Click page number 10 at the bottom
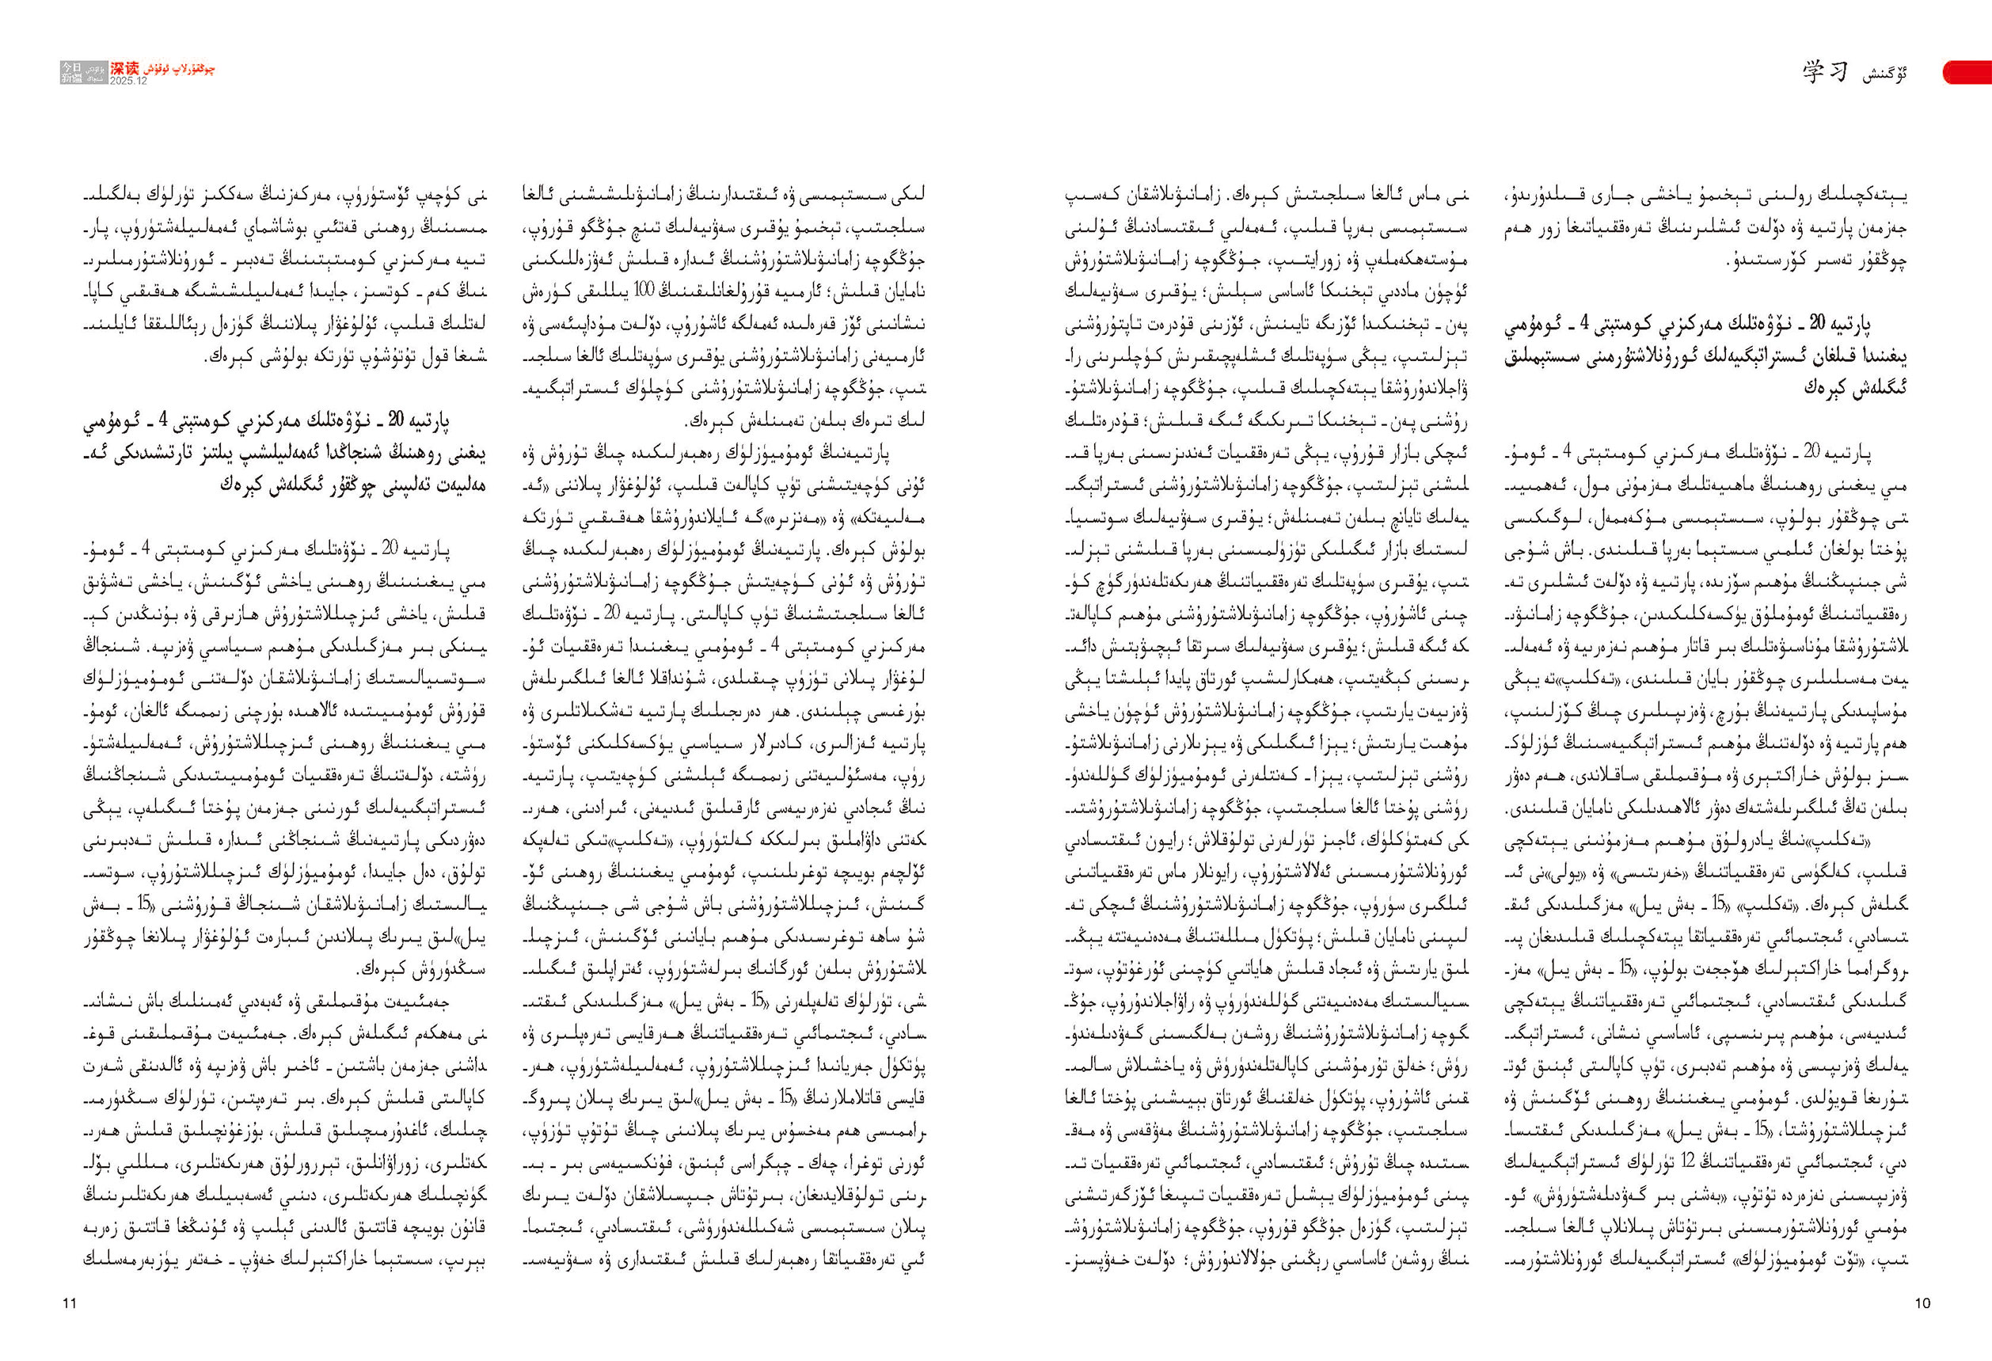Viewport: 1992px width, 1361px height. click(x=1922, y=1302)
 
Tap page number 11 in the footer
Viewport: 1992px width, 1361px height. click(x=70, y=1302)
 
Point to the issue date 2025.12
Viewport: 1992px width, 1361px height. click(x=128, y=81)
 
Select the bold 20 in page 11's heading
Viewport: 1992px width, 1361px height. click(x=397, y=421)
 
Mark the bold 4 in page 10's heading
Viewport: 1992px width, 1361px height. click(x=1586, y=324)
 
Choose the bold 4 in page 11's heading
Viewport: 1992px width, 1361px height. click(x=162, y=421)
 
